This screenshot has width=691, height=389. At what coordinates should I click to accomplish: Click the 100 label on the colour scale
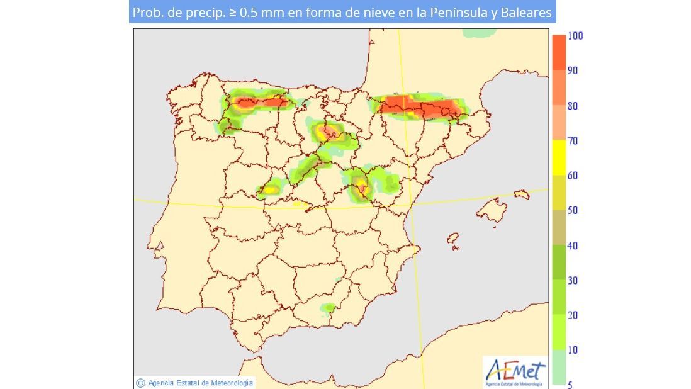point(575,36)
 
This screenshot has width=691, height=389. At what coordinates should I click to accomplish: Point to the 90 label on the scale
point(572,70)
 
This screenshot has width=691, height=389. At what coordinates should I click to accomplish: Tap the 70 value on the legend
point(572,141)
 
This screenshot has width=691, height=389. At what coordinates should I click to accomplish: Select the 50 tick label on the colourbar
point(572,211)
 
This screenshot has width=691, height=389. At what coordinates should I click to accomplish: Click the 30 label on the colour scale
point(572,281)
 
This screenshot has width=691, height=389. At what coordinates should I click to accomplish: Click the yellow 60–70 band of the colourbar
point(558,158)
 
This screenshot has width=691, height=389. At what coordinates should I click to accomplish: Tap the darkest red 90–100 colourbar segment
point(558,53)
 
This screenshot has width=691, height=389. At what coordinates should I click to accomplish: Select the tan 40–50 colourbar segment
point(558,228)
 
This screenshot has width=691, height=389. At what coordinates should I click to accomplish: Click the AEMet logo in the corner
point(515,372)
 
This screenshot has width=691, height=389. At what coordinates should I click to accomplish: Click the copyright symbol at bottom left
point(141,382)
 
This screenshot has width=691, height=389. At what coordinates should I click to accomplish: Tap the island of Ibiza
point(452,239)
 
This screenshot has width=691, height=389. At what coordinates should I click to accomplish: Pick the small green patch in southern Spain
point(327,308)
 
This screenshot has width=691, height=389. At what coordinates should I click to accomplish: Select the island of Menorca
point(522,194)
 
